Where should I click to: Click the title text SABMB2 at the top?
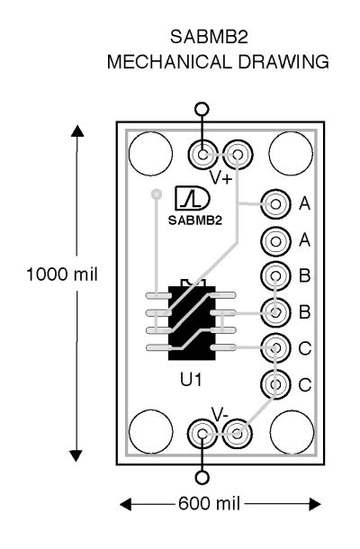(209, 37)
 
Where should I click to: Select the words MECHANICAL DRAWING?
(218, 62)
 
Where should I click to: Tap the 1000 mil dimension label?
(62, 274)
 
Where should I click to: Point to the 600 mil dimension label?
(209, 504)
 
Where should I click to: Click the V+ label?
(221, 178)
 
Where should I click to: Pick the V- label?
(220, 415)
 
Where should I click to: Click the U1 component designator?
(191, 380)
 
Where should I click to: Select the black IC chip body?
(192, 322)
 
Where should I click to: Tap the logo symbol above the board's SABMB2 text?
(192, 199)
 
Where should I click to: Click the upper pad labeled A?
(275, 203)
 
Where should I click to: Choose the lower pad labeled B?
(275, 311)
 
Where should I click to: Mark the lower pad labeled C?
(275, 384)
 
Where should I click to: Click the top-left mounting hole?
(150, 154)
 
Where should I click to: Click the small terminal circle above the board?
(202, 109)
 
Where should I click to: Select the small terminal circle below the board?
(202, 478)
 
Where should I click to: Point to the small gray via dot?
(157, 193)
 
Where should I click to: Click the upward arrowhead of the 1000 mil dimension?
(77, 130)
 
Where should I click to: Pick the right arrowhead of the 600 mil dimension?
(314, 504)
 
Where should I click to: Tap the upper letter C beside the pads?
(305, 348)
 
